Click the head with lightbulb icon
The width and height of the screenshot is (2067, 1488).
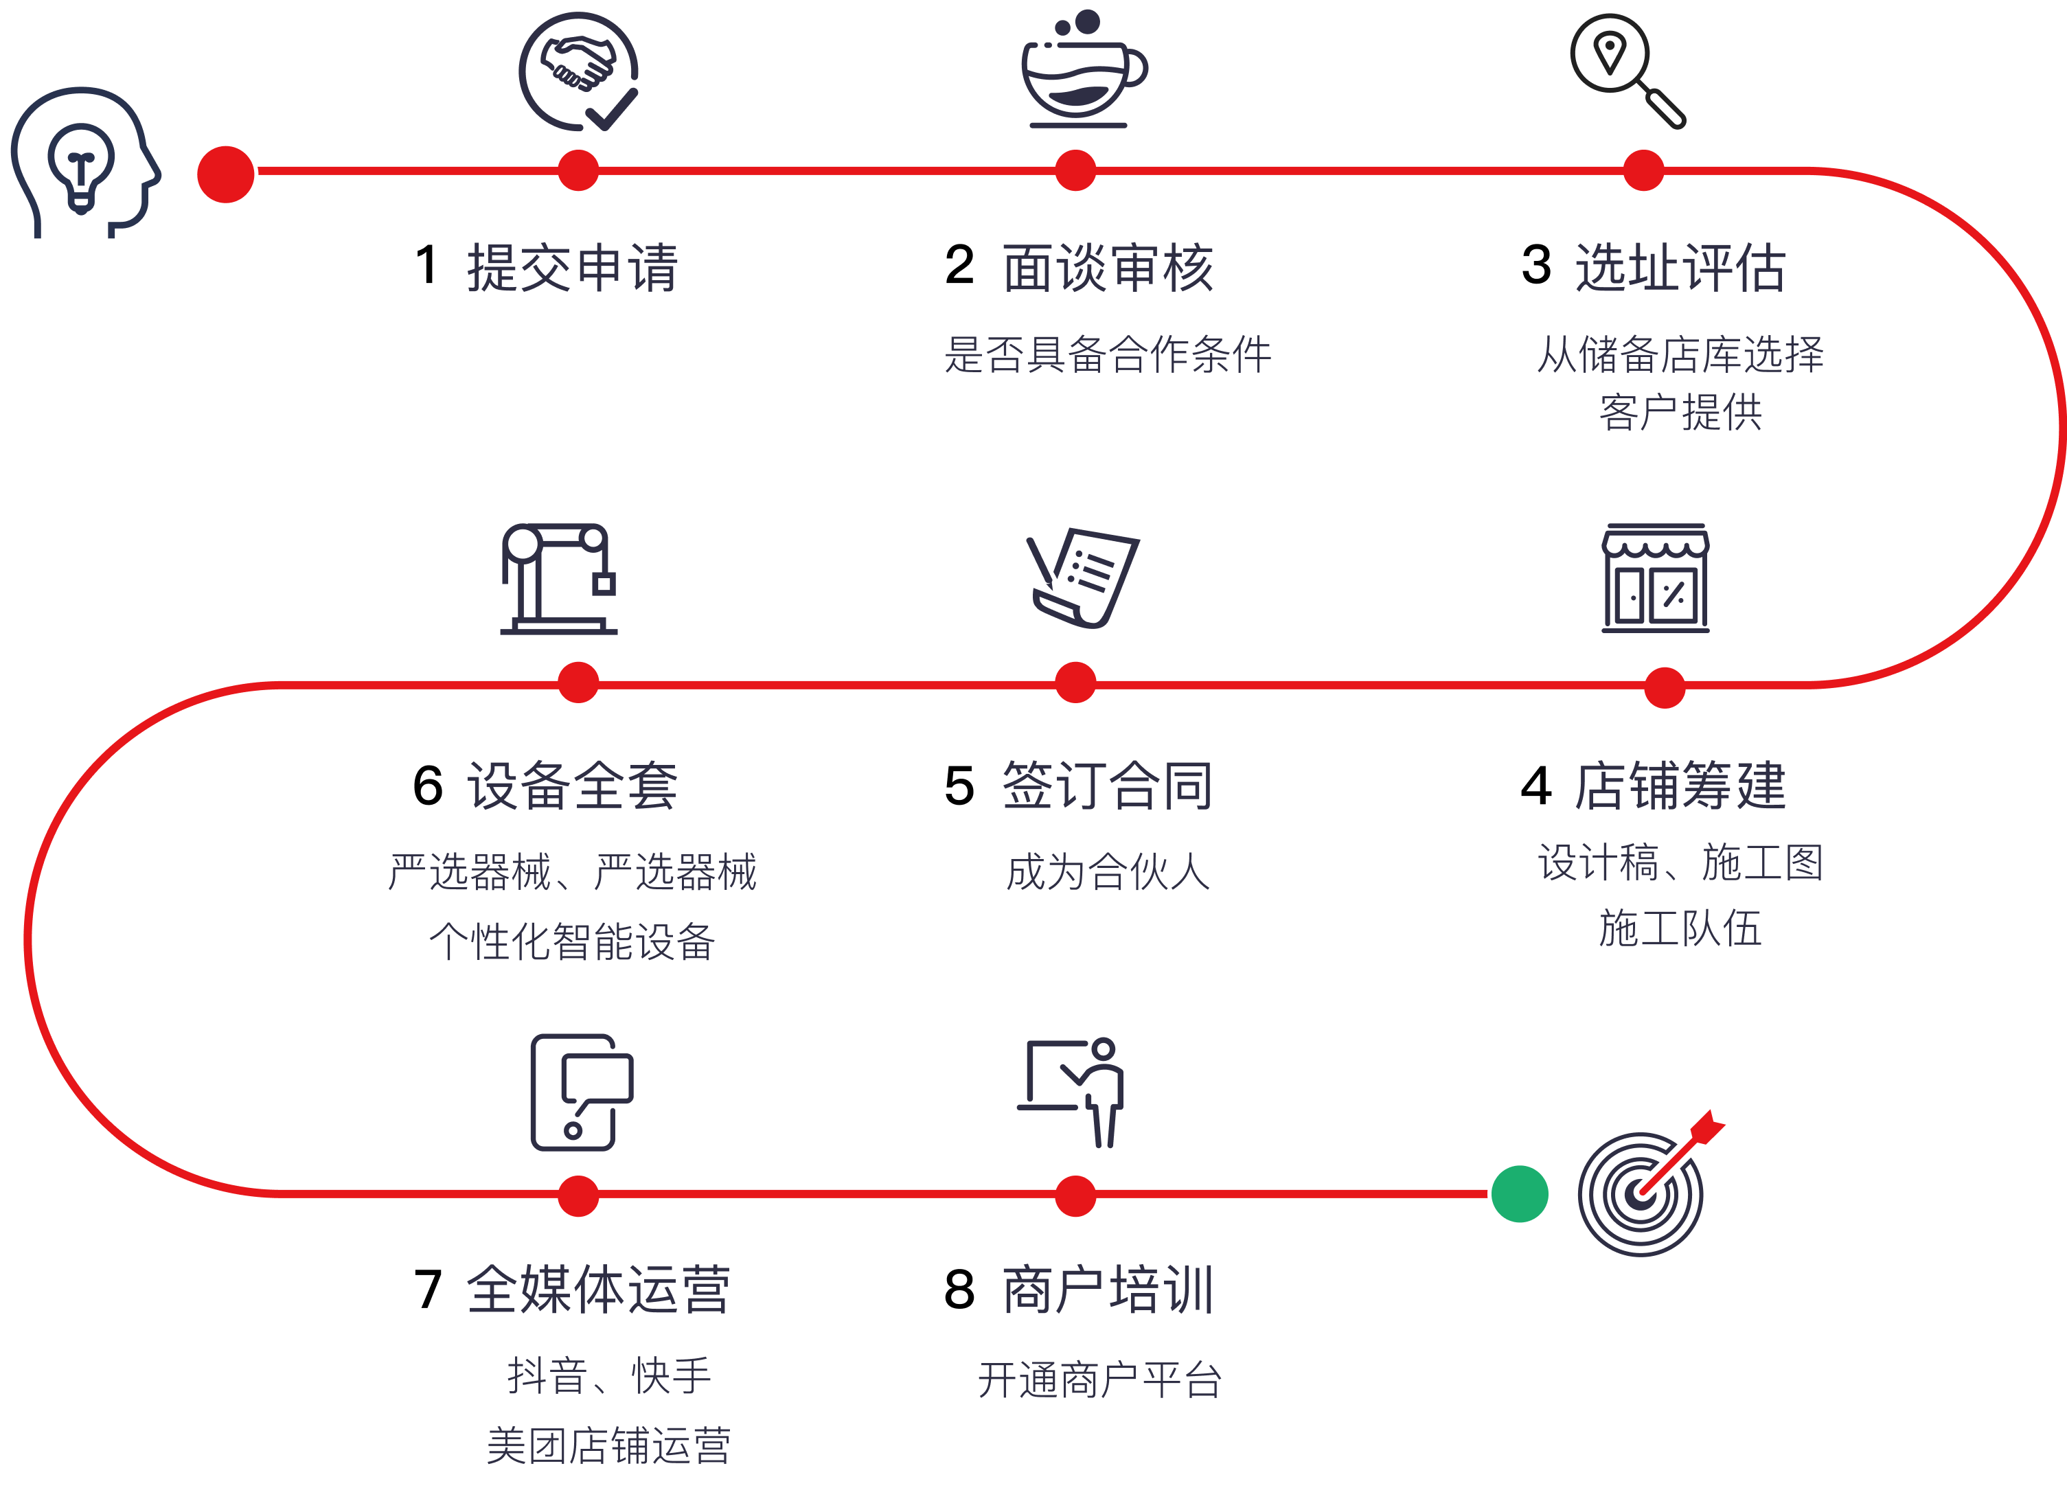coord(84,162)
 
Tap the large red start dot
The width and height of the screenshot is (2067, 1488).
coord(226,174)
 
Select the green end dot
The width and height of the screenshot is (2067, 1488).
coord(1519,1193)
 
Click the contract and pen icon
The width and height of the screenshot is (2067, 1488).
coord(1083,577)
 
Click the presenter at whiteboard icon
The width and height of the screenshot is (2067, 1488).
coord(1073,1092)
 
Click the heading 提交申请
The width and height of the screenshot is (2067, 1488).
coord(572,268)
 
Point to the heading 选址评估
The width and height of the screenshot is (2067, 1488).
coord(1680,268)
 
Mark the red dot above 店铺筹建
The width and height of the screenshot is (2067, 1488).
coord(1664,687)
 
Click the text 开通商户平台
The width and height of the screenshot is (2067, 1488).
coord(1099,1380)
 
